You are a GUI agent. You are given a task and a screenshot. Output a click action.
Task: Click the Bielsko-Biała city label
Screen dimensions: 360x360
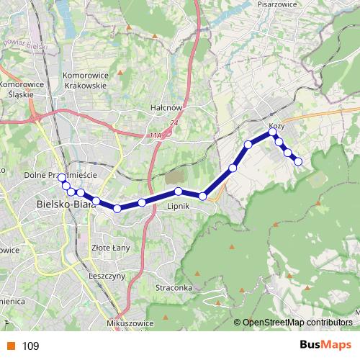tap(66, 204)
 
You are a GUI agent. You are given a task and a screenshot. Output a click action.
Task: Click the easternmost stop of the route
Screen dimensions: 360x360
tap(298, 161)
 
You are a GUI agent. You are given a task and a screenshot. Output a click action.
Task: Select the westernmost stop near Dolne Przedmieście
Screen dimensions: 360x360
tap(61, 178)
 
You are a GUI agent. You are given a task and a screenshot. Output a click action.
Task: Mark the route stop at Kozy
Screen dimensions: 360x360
tap(273, 132)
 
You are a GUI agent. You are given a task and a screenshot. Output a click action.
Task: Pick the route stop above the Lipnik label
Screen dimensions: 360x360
tap(178, 191)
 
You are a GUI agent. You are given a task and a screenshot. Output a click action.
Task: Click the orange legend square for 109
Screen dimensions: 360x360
tap(11, 346)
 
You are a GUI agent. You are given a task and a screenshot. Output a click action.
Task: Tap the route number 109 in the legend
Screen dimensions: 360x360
tap(30, 346)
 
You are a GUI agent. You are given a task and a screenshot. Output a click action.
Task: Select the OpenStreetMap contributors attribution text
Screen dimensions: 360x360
tap(297, 323)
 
